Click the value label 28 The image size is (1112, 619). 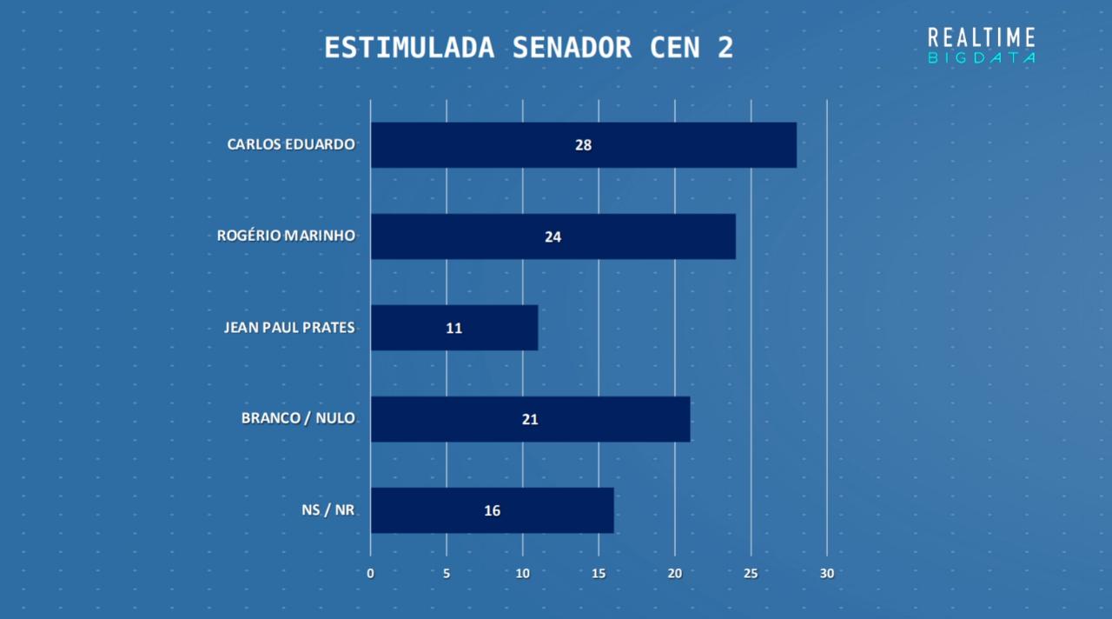point(583,145)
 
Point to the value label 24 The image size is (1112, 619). point(553,236)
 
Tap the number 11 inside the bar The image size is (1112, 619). point(453,328)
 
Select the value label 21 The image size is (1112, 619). point(530,419)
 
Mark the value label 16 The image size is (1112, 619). point(492,510)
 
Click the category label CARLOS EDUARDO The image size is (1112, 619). point(291,144)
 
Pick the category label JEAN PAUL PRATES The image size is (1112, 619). point(289,327)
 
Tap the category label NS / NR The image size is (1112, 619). point(328,510)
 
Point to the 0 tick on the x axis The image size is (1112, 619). point(371,574)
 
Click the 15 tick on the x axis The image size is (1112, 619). point(599,574)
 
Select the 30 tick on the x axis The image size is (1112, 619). point(827,574)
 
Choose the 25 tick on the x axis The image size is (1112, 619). point(751,574)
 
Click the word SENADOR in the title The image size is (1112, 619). point(572,48)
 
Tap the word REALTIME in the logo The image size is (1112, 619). point(982,37)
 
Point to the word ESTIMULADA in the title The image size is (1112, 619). point(409,48)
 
